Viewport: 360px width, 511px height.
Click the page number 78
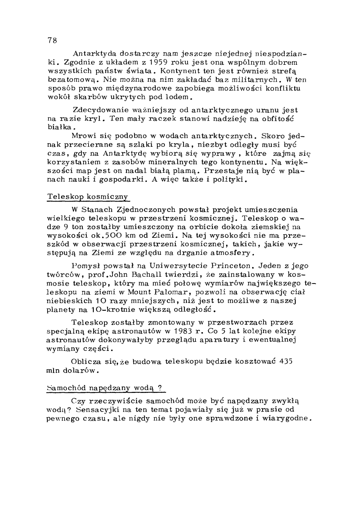(53, 40)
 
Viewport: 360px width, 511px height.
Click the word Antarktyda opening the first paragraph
(91, 54)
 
